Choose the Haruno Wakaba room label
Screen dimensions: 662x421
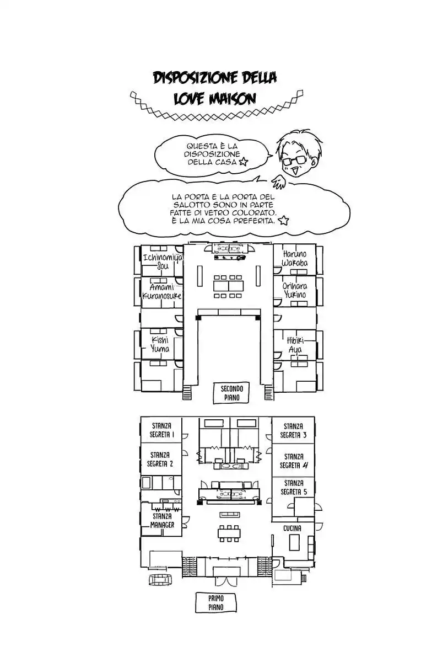[x=295, y=258]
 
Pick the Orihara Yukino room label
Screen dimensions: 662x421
[x=296, y=291]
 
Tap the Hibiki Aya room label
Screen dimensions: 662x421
[x=296, y=345]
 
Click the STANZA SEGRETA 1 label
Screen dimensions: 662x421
[x=161, y=430]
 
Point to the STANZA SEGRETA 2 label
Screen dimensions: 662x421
[x=161, y=460]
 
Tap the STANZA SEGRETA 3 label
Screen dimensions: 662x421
[x=293, y=430]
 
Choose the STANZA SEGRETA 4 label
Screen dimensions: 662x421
[x=293, y=461]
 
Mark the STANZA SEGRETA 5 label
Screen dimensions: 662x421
[x=293, y=487]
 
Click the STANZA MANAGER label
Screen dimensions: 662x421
[x=162, y=520]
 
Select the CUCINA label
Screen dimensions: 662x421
[x=292, y=528]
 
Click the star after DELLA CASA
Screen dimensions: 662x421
[x=244, y=162]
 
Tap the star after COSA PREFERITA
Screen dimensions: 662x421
[x=283, y=221]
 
